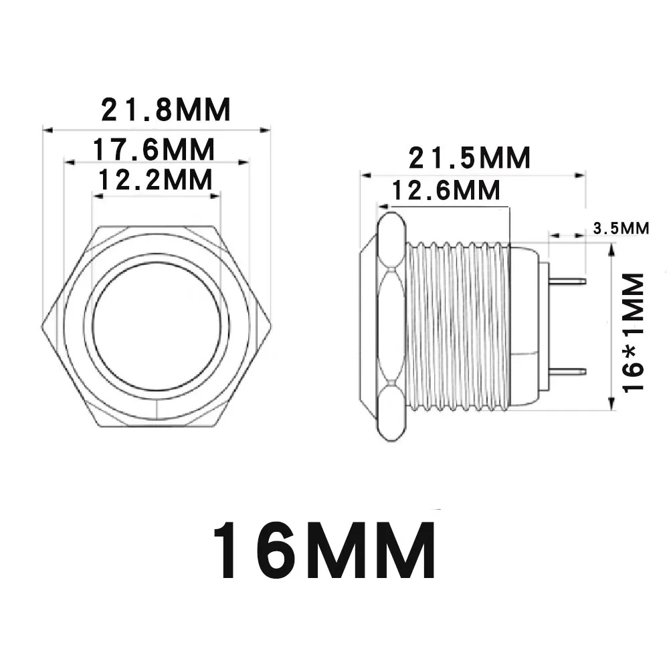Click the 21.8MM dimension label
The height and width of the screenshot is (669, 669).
pyautogui.click(x=165, y=110)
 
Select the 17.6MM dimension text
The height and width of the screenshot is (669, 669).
pyautogui.click(x=154, y=149)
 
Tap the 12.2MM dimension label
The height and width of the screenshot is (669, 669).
pyautogui.click(x=155, y=179)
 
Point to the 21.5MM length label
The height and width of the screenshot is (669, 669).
pyautogui.click(x=470, y=158)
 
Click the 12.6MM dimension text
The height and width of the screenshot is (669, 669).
pyautogui.click(x=446, y=190)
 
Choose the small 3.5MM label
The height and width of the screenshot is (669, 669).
pyautogui.click(x=621, y=228)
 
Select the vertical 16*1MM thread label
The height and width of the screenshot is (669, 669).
pyautogui.click(x=633, y=332)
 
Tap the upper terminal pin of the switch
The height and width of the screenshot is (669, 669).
pyautogui.click(x=567, y=281)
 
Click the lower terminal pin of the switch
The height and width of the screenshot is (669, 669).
pyautogui.click(x=567, y=371)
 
